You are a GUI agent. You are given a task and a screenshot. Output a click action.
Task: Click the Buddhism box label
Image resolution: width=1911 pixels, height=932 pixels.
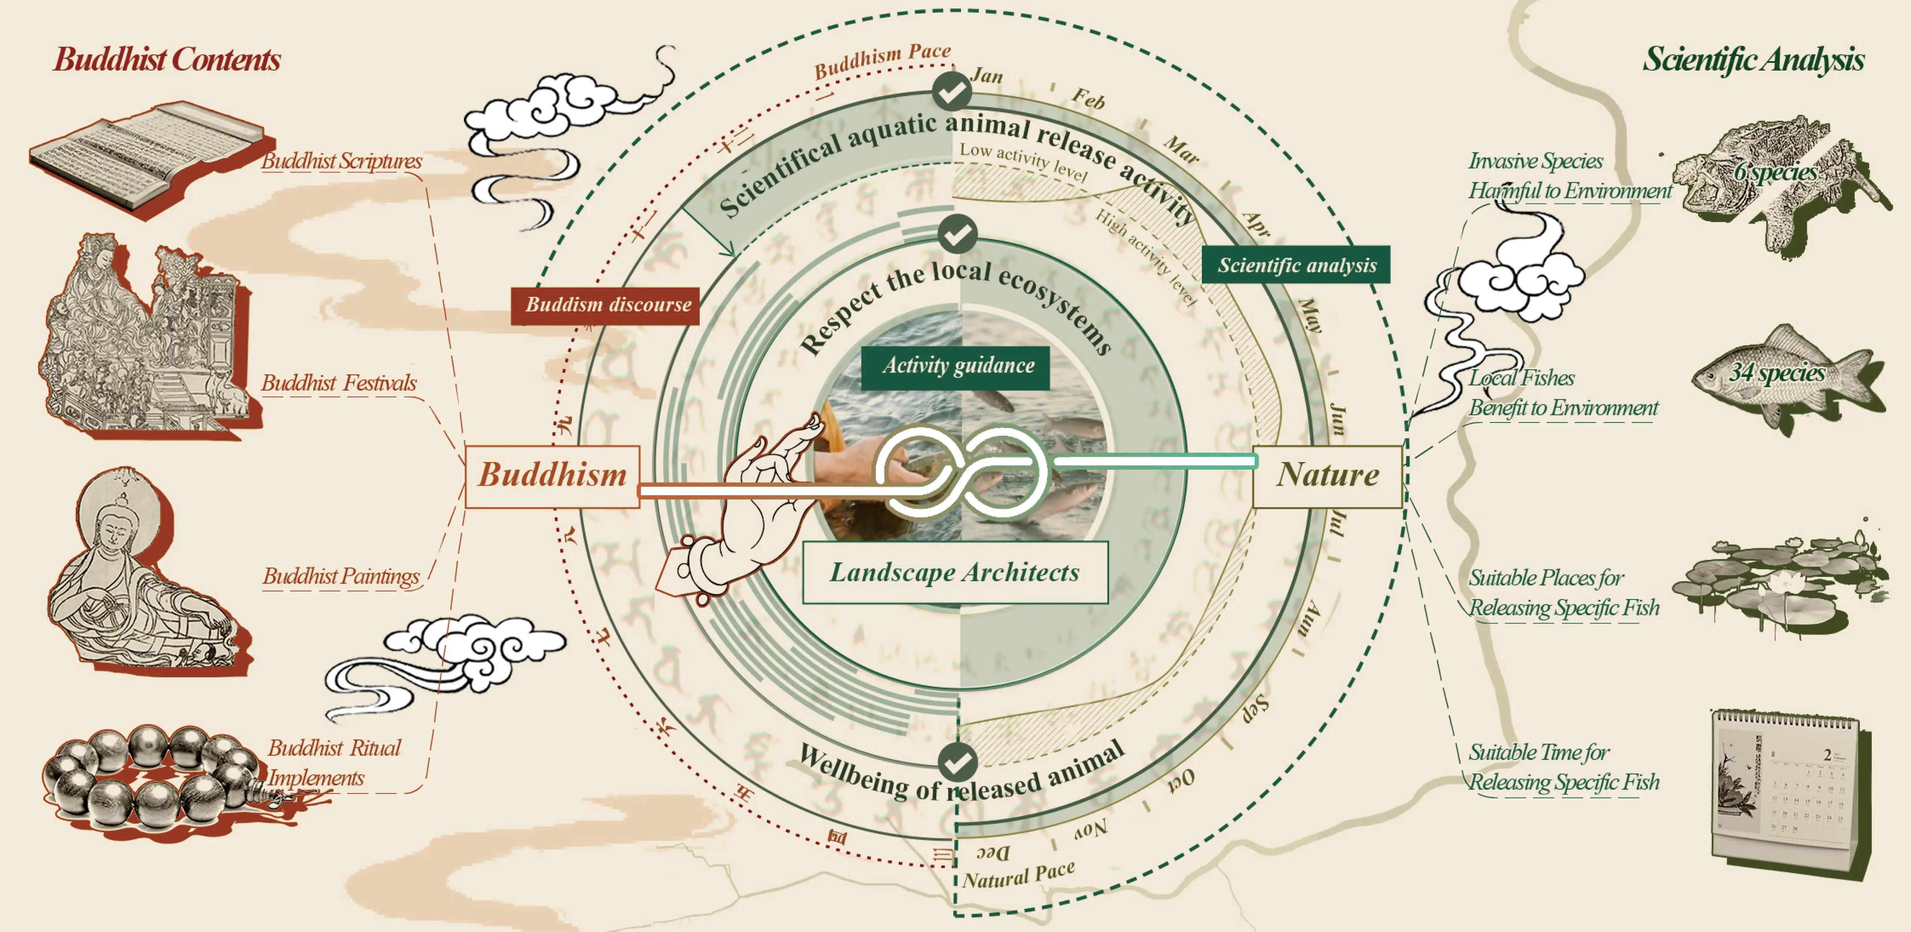click(x=553, y=476)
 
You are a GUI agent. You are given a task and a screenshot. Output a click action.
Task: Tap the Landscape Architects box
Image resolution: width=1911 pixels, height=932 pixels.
click(x=955, y=572)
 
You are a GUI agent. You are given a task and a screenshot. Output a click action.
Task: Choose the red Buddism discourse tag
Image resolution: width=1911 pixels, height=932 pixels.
click(x=605, y=305)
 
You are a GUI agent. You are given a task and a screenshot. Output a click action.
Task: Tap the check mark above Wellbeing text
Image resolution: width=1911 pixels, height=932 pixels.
click(x=957, y=761)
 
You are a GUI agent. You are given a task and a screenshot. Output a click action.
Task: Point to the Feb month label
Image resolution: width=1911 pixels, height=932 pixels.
click(x=1088, y=99)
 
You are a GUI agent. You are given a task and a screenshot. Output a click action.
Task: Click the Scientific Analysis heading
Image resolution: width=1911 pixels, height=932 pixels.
click(x=1752, y=59)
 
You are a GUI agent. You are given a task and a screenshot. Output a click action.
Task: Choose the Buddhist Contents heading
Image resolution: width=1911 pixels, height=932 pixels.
click(x=167, y=59)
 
